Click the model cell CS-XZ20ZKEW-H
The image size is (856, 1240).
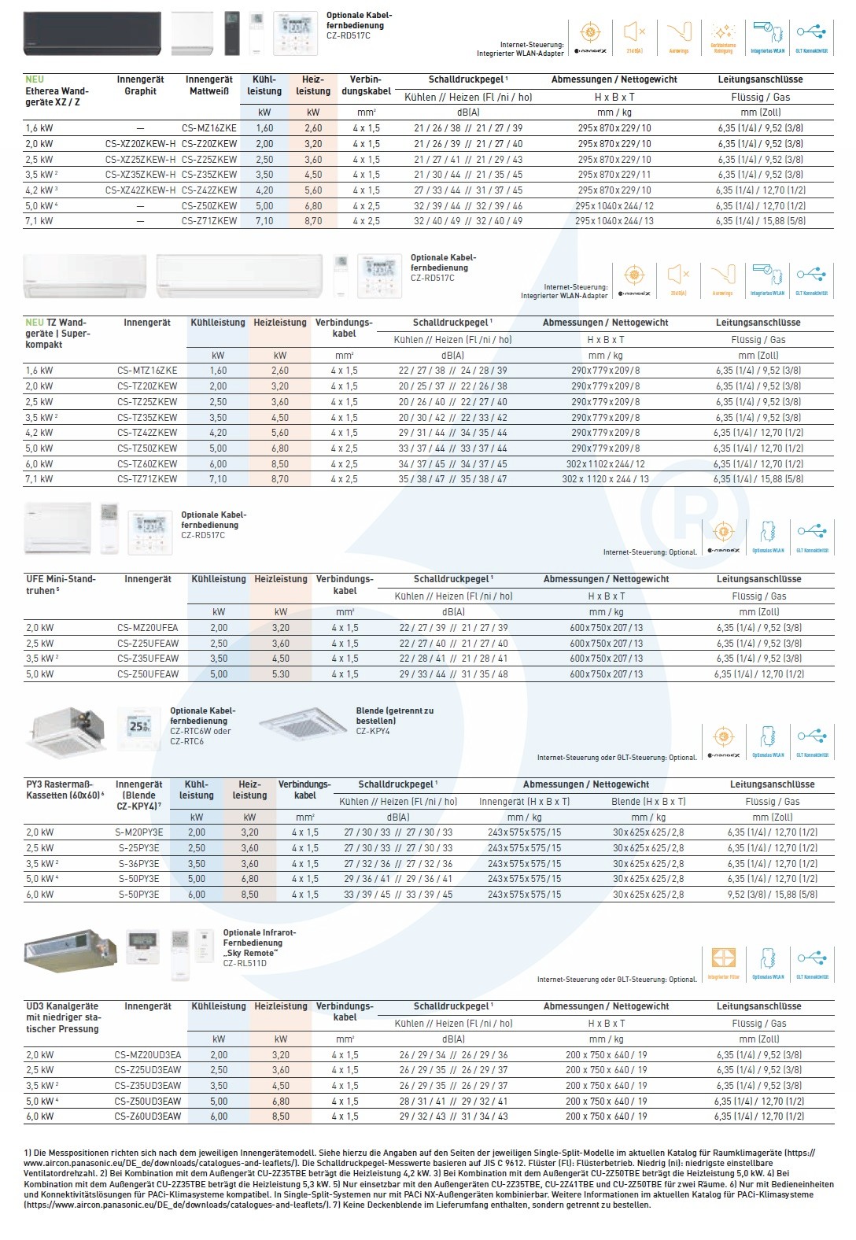pyautogui.click(x=140, y=144)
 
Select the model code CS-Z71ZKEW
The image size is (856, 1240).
pyautogui.click(x=208, y=221)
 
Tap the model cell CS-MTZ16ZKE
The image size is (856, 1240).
pyautogui.click(x=147, y=371)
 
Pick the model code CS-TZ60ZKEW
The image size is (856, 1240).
pyautogui.click(x=147, y=464)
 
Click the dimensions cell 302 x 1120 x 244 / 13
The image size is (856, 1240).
pyautogui.click(x=605, y=479)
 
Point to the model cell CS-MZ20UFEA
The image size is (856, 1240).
pyautogui.click(x=147, y=628)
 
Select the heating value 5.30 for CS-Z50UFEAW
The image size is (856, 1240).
pyautogui.click(x=281, y=674)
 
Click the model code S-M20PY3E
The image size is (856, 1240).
pyautogui.click(x=138, y=832)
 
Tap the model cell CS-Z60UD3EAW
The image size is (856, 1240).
pyautogui.click(x=147, y=1116)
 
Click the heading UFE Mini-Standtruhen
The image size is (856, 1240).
pyautogui.click(x=61, y=585)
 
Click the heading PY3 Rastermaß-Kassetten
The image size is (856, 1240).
pyautogui.click(x=60, y=790)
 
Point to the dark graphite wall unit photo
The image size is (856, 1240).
pyautogui.click(x=92, y=33)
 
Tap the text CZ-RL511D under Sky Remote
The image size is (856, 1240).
pyautogui.click(x=245, y=963)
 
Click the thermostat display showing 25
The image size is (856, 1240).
pyautogui.click(x=140, y=727)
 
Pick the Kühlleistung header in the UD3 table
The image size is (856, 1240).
pyautogui.click(x=219, y=1006)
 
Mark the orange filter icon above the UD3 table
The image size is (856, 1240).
pyautogui.click(x=723, y=958)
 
